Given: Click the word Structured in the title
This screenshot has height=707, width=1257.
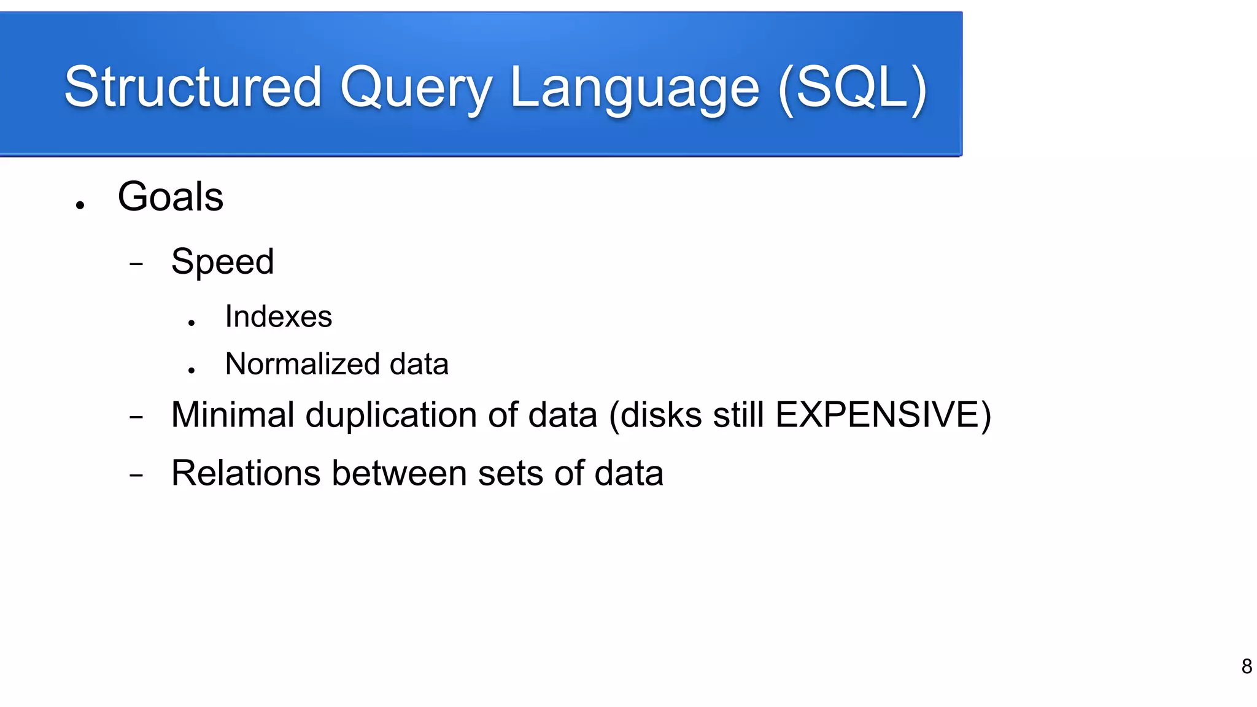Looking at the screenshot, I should pyautogui.click(x=193, y=87).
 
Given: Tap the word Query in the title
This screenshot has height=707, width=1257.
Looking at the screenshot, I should pyautogui.click(x=416, y=89).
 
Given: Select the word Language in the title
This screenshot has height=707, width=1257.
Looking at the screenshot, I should pyautogui.click(x=635, y=89).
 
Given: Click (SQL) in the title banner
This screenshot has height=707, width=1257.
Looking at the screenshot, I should pyautogui.click(x=853, y=88).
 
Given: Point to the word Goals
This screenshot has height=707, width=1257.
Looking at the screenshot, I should pyautogui.click(x=171, y=197).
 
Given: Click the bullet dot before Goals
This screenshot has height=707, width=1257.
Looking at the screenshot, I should pyautogui.click(x=80, y=206).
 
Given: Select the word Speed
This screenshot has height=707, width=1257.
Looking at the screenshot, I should pyautogui.click(x=222, y=262).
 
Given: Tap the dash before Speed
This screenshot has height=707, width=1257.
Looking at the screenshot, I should pyautogui.click(x=136, y=265).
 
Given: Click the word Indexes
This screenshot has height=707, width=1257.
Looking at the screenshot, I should pyautogui.click(x=278, y=317).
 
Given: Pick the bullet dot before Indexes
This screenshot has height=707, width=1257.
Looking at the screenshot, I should pyautogui.click(x=191, y=323).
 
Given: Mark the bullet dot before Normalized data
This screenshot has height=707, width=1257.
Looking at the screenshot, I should pyautogui.click(x=191, y=370).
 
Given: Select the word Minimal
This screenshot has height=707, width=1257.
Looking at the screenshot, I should pyautogui.click(x=233, y=414).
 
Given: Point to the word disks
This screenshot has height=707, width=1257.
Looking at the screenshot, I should pyautogui.click(x=661, y=414).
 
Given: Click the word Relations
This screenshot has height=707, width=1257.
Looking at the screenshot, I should pyautogui.click(x=246, y=473).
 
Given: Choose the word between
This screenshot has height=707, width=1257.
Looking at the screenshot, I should pyautogui.click(x=399, y=473).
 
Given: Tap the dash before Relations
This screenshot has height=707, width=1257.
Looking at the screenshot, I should pyautogui.click(x=136, y=475).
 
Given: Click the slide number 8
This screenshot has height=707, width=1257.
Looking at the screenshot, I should pyautogui.click(x=1246, y=666).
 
